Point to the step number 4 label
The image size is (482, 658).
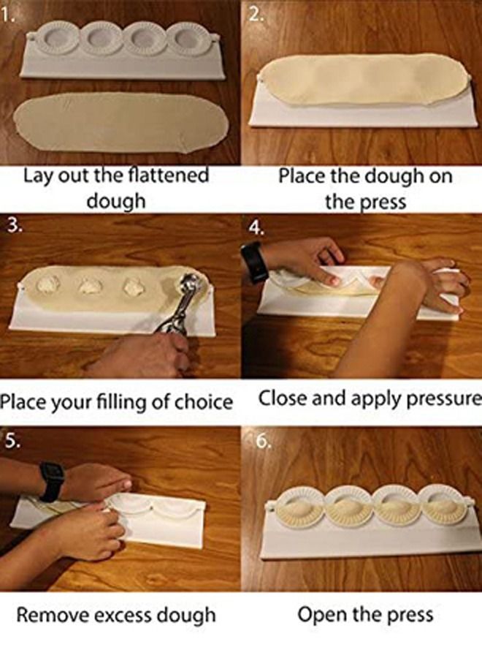click(x=254, y=227)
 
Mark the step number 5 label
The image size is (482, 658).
click(x=10, y=442)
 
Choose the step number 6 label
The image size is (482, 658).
click(x=262, y=442)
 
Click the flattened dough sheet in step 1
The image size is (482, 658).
click(x=120, y=124)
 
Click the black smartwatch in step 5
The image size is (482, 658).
click(x=51, y=480)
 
